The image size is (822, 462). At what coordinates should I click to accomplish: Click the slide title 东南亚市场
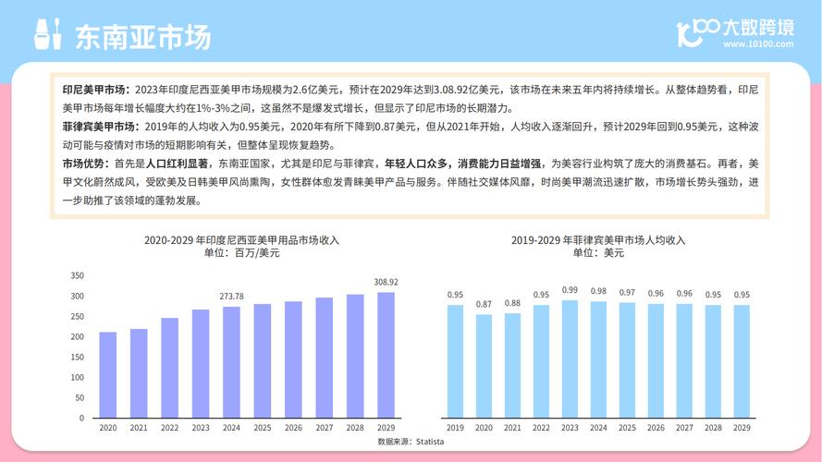142,36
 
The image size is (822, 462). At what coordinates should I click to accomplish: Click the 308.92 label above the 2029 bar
386,282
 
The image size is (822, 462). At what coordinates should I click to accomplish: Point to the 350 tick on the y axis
78,275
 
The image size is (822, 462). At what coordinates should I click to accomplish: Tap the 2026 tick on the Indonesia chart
293,429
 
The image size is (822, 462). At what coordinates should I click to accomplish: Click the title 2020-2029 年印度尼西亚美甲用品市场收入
241,240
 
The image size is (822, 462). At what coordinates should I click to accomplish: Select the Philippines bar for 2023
570,359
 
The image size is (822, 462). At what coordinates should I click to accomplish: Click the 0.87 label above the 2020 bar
484,304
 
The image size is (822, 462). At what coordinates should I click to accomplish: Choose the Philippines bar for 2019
455,361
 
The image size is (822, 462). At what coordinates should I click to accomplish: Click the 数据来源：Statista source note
411,443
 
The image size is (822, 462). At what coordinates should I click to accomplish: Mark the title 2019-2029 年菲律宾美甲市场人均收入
598,240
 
